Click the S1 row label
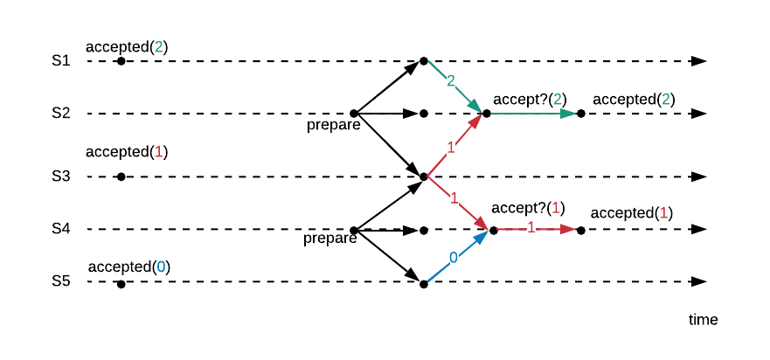coord(59,61)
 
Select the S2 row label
coord(59,114)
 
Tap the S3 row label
coord(59,177)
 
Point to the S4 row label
coord(59,229)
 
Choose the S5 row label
coord(59,281)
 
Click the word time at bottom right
coord(703,320)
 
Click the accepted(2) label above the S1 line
coord(126,46)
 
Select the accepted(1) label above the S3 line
coord(126,152)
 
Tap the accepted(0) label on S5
coord(128,267)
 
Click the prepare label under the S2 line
coord(334,125)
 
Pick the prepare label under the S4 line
coord(330,239)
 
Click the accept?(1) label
coord(528,208)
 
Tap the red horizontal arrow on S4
coord(535,229)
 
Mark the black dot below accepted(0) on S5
coord(121,283)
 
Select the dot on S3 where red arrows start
coord(423,177)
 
